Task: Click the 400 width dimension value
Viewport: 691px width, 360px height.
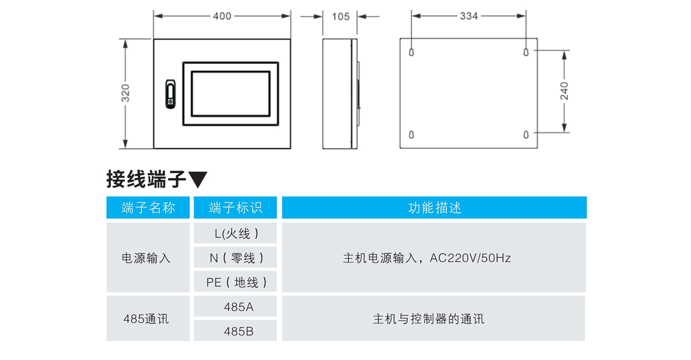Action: tap(222, 16)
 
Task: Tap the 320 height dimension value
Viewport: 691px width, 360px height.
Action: tap(125, 93)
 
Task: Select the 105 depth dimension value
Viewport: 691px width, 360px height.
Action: tap(340, 16)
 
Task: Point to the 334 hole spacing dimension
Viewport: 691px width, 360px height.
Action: tap(469, 16)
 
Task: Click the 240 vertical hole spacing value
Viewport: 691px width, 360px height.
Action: tap(564, 91)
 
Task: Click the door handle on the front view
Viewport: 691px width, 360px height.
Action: tap(170, 94)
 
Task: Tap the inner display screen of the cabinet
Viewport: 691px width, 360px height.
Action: tap(231, 94)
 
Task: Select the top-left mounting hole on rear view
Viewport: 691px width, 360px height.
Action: tap(411, 52)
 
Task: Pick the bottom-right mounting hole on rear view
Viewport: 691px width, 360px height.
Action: tap(526, 135)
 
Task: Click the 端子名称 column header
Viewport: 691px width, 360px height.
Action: tap(148, 208)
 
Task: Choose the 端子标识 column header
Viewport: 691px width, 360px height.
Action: tap(235, 208)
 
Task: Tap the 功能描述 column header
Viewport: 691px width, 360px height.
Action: tap(434, 208)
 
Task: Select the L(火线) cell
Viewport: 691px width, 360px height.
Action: tap(235, 233)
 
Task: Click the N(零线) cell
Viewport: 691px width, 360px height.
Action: tap(235, 258)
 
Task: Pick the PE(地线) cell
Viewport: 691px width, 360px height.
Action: tap(235, 282)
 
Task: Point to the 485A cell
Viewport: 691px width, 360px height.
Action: tap(235, 307)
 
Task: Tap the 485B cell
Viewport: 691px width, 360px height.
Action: tap(235, 331)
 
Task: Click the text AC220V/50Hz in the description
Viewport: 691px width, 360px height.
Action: tap(470, 258)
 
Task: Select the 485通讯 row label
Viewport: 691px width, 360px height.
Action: tap(146, 319)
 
